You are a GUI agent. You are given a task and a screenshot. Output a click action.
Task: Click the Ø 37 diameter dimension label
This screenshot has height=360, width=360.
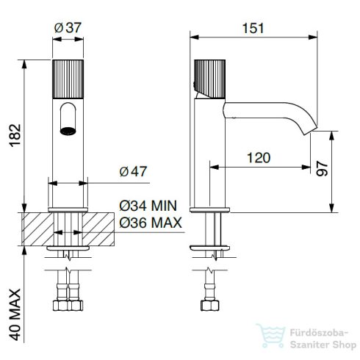(x=68, y=28)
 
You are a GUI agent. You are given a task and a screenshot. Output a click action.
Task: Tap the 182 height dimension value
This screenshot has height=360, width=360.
(x=15, y=135)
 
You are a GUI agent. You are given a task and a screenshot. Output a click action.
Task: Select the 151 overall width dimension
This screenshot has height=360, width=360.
(x=253, y=28)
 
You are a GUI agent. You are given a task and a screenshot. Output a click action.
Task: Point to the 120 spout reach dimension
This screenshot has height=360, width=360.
(x=259, y=158)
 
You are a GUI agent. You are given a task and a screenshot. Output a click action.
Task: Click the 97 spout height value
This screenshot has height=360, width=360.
(x=322, y=168)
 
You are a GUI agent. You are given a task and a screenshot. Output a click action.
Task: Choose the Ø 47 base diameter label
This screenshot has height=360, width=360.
(x=133, y=171)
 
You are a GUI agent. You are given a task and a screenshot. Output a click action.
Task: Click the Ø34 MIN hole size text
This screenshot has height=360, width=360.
(x=148, y=206)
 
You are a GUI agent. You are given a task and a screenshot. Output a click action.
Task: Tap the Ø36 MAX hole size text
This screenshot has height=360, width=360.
(x=151, y=223)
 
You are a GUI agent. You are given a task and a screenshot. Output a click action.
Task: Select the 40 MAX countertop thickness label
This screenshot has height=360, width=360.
(x=15, y=314)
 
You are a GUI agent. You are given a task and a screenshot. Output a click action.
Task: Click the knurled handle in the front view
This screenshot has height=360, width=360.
(x=68, y=79)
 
